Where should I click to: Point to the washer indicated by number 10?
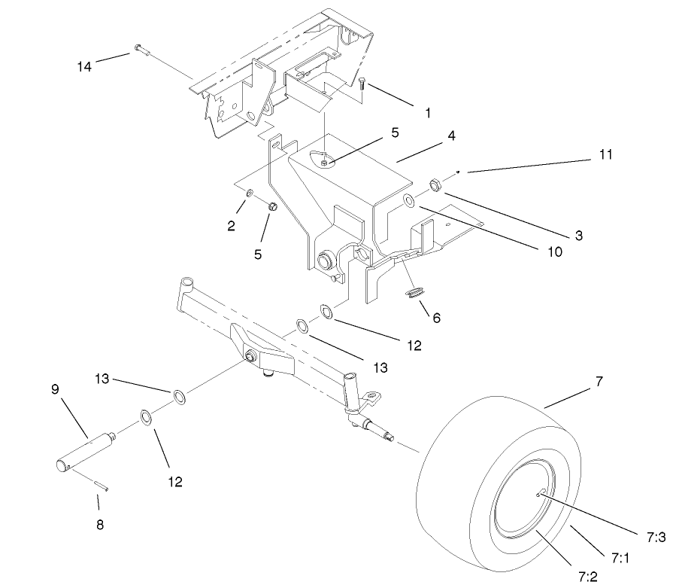(x=408, y=200)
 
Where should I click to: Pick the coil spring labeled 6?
(x=416, y=292)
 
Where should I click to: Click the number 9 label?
(x=55, y=389)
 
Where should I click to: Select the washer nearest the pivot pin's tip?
(x=145, y=416)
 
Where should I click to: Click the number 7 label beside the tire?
(x=599, y=382)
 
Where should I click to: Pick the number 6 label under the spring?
(x=436, y=317)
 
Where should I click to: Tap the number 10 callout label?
(x=555, y=252)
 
